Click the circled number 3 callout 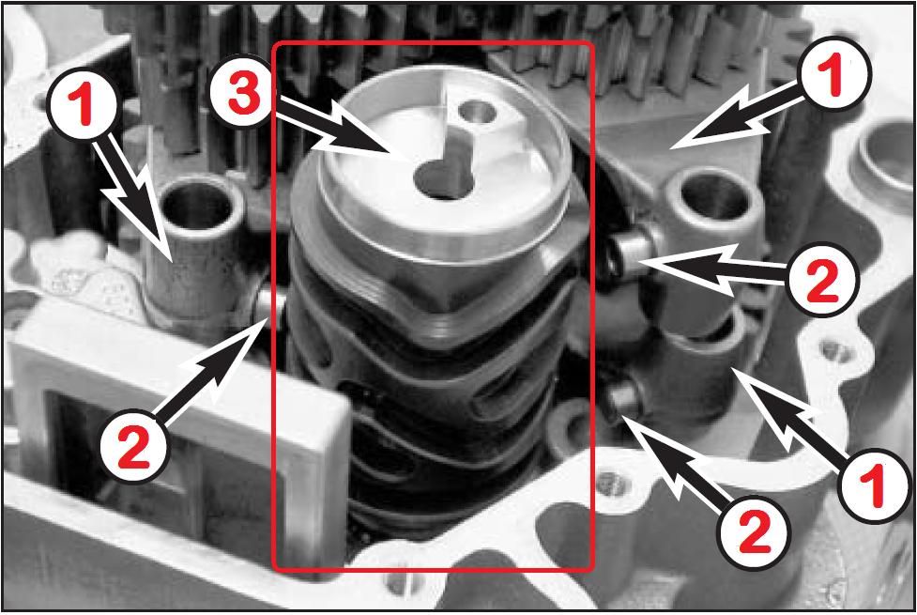[x=244, y=96]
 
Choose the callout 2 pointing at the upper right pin [x=821, y=280]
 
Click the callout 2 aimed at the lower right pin [x=754, y=530]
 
